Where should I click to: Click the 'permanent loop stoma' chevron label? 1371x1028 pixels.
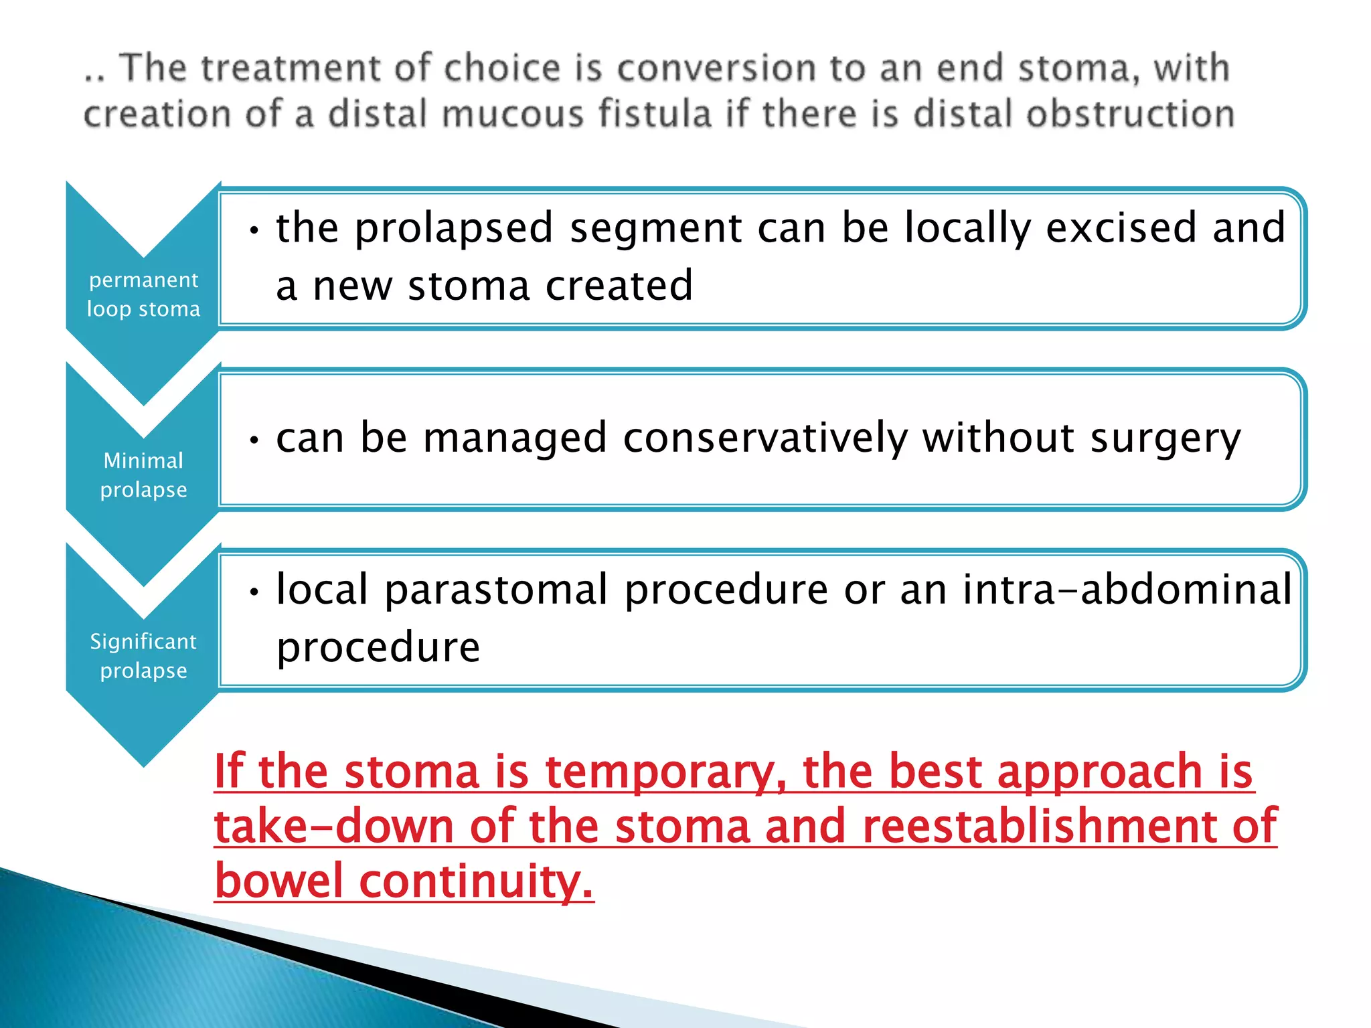pyautogui.click(x=143, y=294)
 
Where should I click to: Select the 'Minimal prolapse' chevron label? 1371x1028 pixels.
pyautogui.click(x=143, y=475)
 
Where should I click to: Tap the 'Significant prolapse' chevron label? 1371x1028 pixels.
pyautogui.click(x=143, y=656)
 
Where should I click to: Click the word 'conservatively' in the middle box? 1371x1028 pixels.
pyautogui.click(x=765, y=438)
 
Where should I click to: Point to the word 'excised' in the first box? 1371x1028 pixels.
pyautogui.click(x=1121, y=228)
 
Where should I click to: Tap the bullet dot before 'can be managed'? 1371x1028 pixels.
pyautogui.click(x=254, y=440)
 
